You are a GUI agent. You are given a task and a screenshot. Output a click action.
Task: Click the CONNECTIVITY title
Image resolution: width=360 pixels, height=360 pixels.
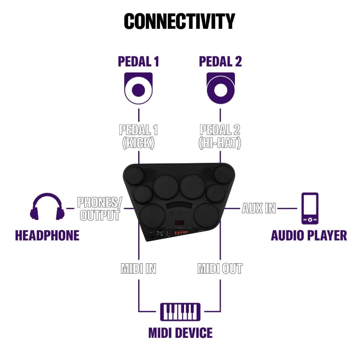coord(180,21)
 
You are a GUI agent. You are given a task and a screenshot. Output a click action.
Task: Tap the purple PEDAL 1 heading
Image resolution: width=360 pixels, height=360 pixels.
coord(138,61)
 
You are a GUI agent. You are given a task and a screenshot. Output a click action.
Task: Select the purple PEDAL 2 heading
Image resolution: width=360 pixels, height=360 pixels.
coord(220,61)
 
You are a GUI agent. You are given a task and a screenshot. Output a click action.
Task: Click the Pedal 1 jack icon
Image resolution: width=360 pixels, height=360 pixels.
coord(138,89)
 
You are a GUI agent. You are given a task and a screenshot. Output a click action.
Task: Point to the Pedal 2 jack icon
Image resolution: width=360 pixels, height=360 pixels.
coord(220,89)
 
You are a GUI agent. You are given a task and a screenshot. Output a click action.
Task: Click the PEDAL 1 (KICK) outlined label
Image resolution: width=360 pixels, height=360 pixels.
coord(138,136)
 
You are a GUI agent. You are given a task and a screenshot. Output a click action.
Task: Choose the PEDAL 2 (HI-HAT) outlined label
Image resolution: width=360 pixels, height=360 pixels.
coord(220,136)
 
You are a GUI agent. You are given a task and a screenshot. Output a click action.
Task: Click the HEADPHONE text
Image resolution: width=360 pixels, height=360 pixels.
coord(47,235)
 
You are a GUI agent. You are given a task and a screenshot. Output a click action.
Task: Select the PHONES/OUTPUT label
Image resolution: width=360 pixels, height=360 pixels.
coord(99,209)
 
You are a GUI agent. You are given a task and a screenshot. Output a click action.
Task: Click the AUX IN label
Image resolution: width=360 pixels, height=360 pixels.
coord(259,208)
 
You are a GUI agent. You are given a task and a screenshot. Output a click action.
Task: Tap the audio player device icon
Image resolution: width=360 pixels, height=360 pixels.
coord(310,208)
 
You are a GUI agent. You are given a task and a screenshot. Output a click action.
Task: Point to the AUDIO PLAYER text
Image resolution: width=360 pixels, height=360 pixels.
coord(309,235)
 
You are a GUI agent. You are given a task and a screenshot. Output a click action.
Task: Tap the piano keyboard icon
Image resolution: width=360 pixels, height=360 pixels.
coord(180,310)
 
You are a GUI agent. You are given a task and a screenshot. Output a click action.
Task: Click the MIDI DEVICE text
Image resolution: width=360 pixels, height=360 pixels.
coord(180,333)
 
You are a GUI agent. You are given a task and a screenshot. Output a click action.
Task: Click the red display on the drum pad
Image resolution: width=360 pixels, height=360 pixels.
coord(180,224)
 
